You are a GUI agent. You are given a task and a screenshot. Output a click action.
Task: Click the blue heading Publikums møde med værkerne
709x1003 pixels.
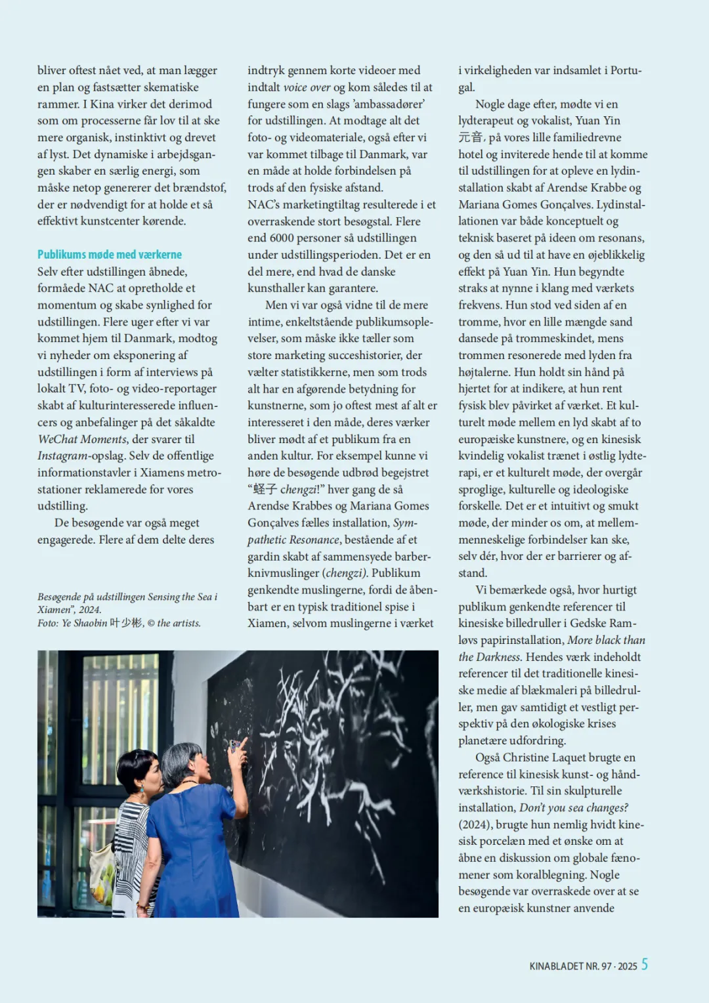pos(110,255)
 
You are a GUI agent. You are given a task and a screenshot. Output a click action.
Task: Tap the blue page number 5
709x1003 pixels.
pos(645,964)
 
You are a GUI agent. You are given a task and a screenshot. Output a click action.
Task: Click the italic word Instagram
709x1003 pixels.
pos(62,456)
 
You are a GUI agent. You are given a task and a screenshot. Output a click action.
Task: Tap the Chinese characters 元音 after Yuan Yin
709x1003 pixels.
pos(471,138)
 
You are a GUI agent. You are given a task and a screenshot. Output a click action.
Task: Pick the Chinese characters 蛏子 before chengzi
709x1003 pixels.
pos(265,490)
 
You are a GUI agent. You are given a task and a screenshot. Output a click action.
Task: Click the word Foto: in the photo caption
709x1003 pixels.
pos(48,623)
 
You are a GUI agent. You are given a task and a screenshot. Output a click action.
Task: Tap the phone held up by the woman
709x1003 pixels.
pos(234,746)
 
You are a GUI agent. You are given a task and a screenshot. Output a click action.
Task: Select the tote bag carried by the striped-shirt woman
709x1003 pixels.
pos(102,873)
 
